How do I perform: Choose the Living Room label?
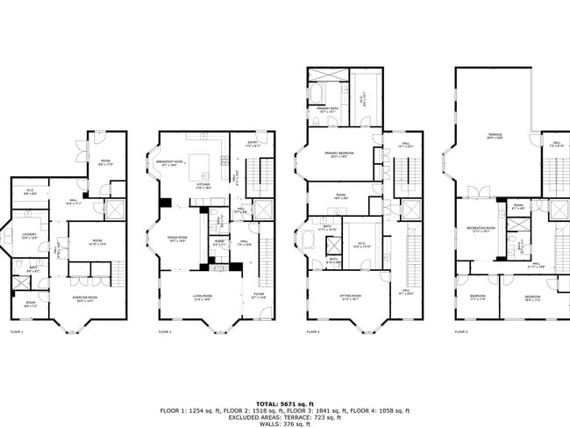(x=205, y=297)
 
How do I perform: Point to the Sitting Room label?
(x=353, y=297)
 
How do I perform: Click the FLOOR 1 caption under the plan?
(x=17, y=332)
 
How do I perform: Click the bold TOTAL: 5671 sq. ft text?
(x=284, y=403)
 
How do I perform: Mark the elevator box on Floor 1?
(x=112, y=210)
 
